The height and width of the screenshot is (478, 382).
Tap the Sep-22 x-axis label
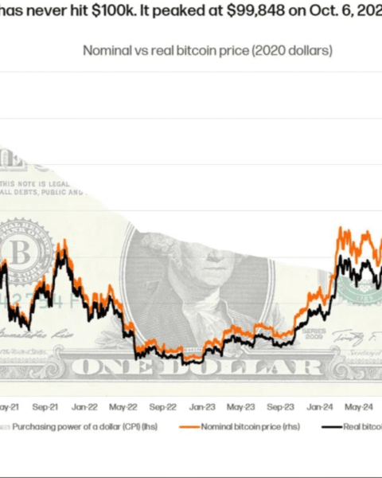pos(162,405)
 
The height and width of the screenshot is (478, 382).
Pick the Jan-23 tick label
pos(201,405)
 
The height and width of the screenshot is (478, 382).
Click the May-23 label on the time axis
pos(240,405)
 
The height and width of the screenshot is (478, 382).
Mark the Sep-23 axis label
pos(279,405)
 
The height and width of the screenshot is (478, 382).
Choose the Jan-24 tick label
pos(319,405)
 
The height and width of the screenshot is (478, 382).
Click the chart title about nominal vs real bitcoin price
pos(208,50)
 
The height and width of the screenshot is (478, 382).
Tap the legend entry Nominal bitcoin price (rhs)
pos(244,426)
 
